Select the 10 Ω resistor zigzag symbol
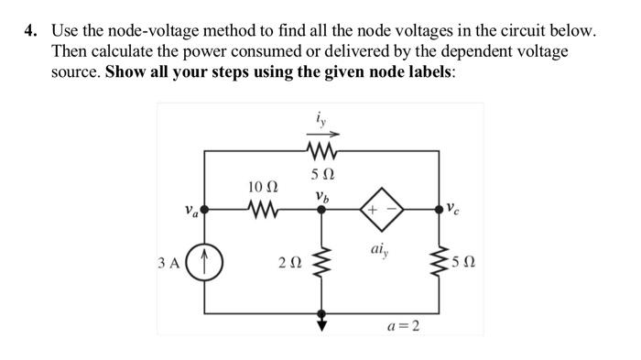[262, 211]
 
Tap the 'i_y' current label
[319, 118]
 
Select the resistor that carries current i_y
[320, 152]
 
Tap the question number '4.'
[29, 31]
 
